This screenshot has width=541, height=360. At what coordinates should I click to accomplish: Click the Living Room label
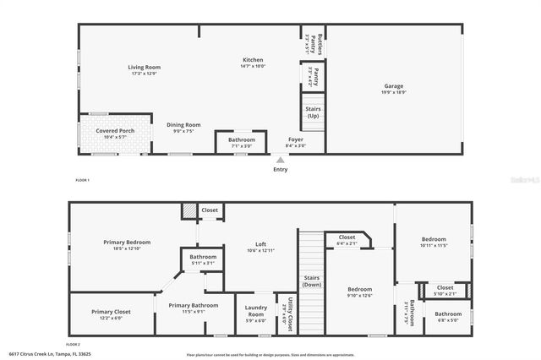pyautogui.click(x=145, y=68)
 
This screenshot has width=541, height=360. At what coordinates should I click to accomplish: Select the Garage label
pyautogui.click(x=394, y=85)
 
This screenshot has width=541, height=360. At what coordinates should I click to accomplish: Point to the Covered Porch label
pyautogui.click(x=115, y=131)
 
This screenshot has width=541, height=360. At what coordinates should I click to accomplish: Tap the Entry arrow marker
pyautogui.click(x=281, y=159)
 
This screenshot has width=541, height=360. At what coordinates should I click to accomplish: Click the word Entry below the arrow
pyautogui.click(x=281, y=169)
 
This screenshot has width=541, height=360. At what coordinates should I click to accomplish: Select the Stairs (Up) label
pyautogui.click(x=313, y=111)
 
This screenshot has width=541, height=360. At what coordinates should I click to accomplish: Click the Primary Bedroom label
pyautogui.click(x=127, y=243)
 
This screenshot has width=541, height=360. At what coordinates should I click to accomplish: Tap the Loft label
pyautogui.click(x=261, y=244)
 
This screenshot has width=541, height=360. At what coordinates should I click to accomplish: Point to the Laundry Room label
pyautogui.click(x=255, y=311)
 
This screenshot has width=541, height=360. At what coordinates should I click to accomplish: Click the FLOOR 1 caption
pyautogui.click(x=82, y=181)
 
